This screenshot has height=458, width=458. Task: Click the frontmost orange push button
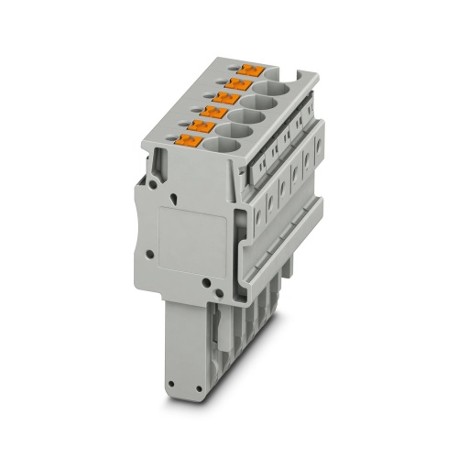pos(190,140)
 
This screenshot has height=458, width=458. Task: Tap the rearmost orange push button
pos(249,69)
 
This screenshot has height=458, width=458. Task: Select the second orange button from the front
pos(202,126)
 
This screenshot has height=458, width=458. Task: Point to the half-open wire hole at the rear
pos(280,78)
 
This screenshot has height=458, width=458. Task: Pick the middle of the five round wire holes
pos(248,116)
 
